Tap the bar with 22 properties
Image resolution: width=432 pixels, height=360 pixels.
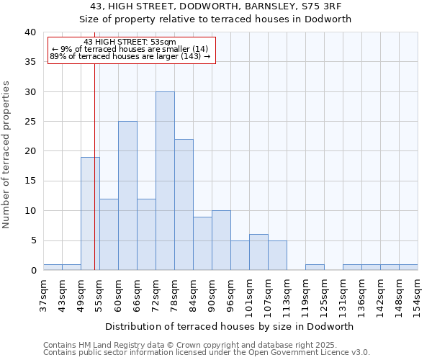[x=184, y=205]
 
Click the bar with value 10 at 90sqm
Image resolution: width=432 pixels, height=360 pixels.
[x=221, y=240]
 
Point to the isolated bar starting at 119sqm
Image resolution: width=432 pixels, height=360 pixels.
[x=315, y=267]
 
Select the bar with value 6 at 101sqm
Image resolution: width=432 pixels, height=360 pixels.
[x=258, y=253]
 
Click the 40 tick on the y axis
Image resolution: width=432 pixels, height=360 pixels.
[x=30, y=32]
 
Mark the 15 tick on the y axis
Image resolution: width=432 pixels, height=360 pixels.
[x=30, y=181]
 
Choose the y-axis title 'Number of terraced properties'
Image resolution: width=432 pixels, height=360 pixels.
[x=7, y=155]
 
